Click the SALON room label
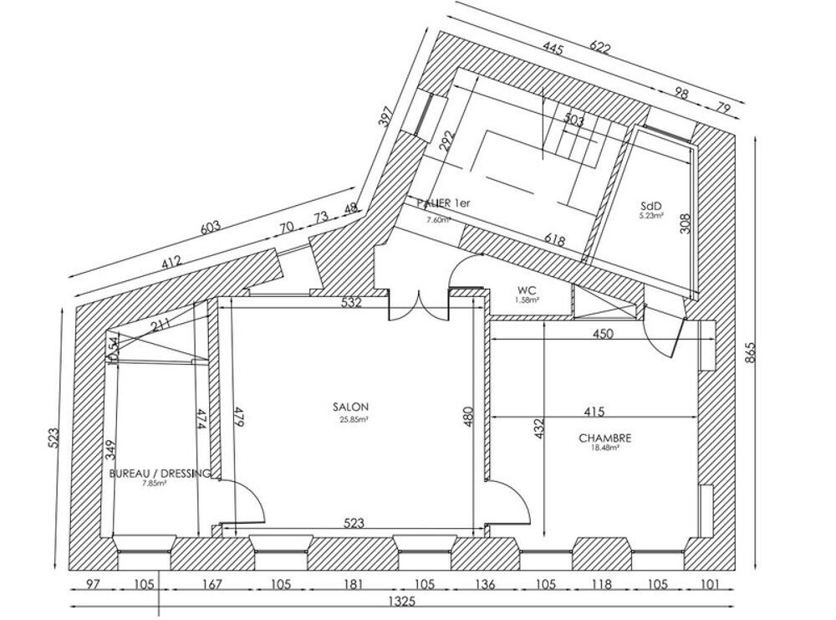(350, 407)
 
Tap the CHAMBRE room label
(604, 438)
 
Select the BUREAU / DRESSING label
(160, 474)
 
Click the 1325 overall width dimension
(406, 601)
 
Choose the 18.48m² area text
(604, 448)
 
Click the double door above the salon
(421, 306)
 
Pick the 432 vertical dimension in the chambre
(539, 428)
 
